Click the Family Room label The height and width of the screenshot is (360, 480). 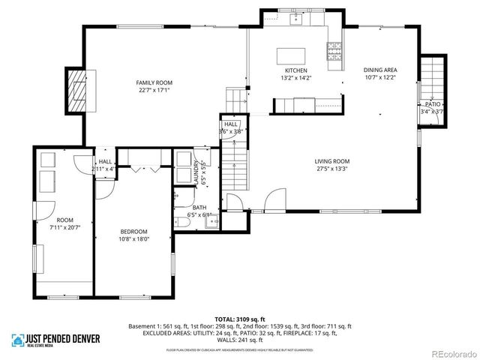pos(154,82)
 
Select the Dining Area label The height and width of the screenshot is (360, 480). pos(379,69)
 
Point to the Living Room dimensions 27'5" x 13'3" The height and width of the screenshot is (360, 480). pos(331,169)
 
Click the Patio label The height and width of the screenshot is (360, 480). pos(433,104)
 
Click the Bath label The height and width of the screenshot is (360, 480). pos(199,208)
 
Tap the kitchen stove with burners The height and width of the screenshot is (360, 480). pos(333,50)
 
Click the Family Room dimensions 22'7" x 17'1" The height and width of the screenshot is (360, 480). pos(154,90)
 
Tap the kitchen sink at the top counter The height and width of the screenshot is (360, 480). pos(295,19)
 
